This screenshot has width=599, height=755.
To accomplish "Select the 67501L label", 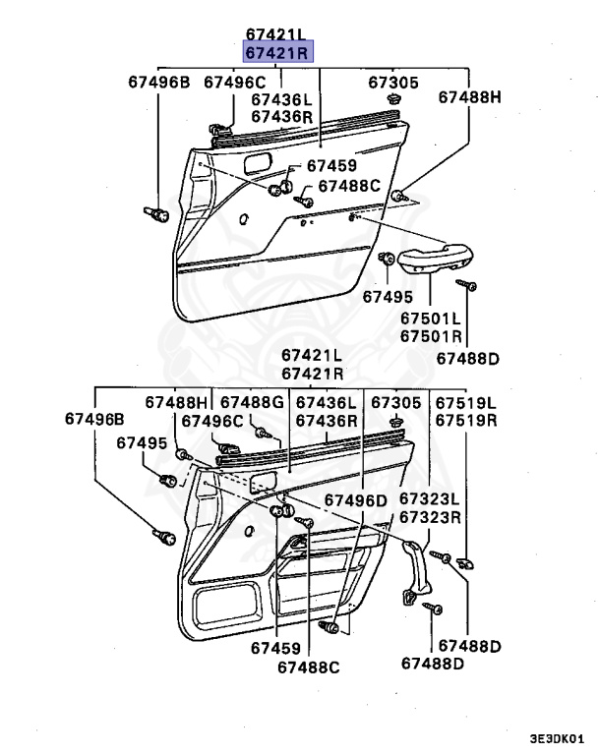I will coord(430,319).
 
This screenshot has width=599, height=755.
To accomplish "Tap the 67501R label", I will coord(430,336).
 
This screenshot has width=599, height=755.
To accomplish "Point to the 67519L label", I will coord(466,403).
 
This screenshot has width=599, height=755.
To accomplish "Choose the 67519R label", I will coord(466,420).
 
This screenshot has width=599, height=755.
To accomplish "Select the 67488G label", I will coord(251,403).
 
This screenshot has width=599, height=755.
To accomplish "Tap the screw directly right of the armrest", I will coord(467,285).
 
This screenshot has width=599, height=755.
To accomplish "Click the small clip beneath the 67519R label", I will coord(465,562).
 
